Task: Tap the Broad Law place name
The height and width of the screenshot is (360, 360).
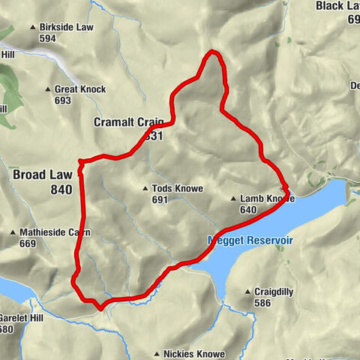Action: pyautogui.click(x=42, y=174)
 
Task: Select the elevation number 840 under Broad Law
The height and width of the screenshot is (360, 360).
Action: pyautogui.click(x=61, y=190)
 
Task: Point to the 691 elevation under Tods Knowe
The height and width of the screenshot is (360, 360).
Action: pyautogui.click(x=160, y=200)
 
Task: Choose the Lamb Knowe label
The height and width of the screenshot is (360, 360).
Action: pyautogui.click(x=267, y=199)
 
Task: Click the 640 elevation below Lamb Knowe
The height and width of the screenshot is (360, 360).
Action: pyautogui.click(x=249, y=211)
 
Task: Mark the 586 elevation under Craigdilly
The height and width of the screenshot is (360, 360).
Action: pyautogui.click(x=262, y=303)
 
